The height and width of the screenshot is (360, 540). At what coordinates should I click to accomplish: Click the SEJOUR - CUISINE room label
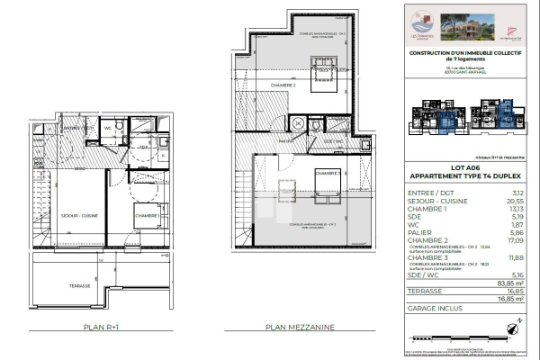point(78,216)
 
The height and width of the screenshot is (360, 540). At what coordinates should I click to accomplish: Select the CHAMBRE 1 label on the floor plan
point(147,216)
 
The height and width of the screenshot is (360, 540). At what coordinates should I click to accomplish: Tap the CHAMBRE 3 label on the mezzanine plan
point(326,173)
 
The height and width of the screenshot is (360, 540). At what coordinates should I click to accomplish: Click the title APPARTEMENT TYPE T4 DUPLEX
point(460,176)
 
